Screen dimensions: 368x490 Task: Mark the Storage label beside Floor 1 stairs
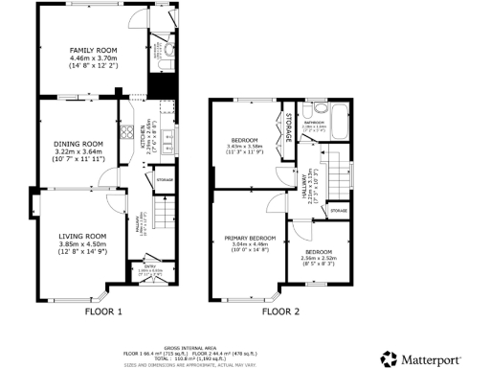tap(164, 179)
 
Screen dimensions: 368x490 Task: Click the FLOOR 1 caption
tap(103, 312)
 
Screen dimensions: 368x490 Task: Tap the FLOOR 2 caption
tap(281, 312)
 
